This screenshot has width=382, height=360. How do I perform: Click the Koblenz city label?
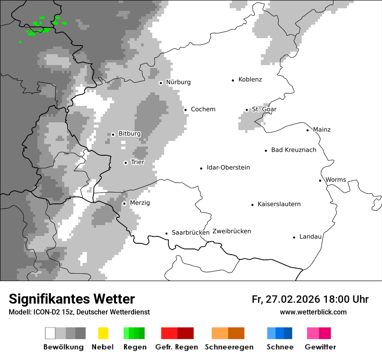tap(250, 79)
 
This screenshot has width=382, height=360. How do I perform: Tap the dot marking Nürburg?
tap(161, 83)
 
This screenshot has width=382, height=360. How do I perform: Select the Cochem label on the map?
tap(203, 109)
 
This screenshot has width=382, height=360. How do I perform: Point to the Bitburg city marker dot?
tap(113, 134)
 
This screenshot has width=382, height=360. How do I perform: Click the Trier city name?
tap(137, 162)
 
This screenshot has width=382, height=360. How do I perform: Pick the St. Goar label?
tap(264, 109)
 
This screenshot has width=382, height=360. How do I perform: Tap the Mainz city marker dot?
tap(307, 130)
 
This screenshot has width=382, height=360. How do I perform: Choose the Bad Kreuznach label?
tap(293, 150)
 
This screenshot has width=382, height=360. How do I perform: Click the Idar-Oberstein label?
tap(228, 168)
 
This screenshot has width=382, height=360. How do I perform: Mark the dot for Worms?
tap(320, 180)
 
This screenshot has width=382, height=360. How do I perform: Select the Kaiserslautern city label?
tap(279, 204)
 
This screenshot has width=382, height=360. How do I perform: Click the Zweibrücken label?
tap(231, 231)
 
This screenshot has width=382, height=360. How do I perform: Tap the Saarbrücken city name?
tap(191, 233)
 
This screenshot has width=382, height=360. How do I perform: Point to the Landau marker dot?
tap(294, 237)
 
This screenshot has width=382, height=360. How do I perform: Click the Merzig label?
tap(139, 203)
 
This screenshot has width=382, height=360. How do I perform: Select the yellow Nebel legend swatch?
tap(103, 333)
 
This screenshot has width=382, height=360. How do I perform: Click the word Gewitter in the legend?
tap(320, 347)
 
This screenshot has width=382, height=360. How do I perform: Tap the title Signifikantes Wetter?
tap(72, 299)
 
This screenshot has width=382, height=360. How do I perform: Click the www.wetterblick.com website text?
tap(313, 312)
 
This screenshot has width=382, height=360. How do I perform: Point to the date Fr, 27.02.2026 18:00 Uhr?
tap(310, 299)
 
